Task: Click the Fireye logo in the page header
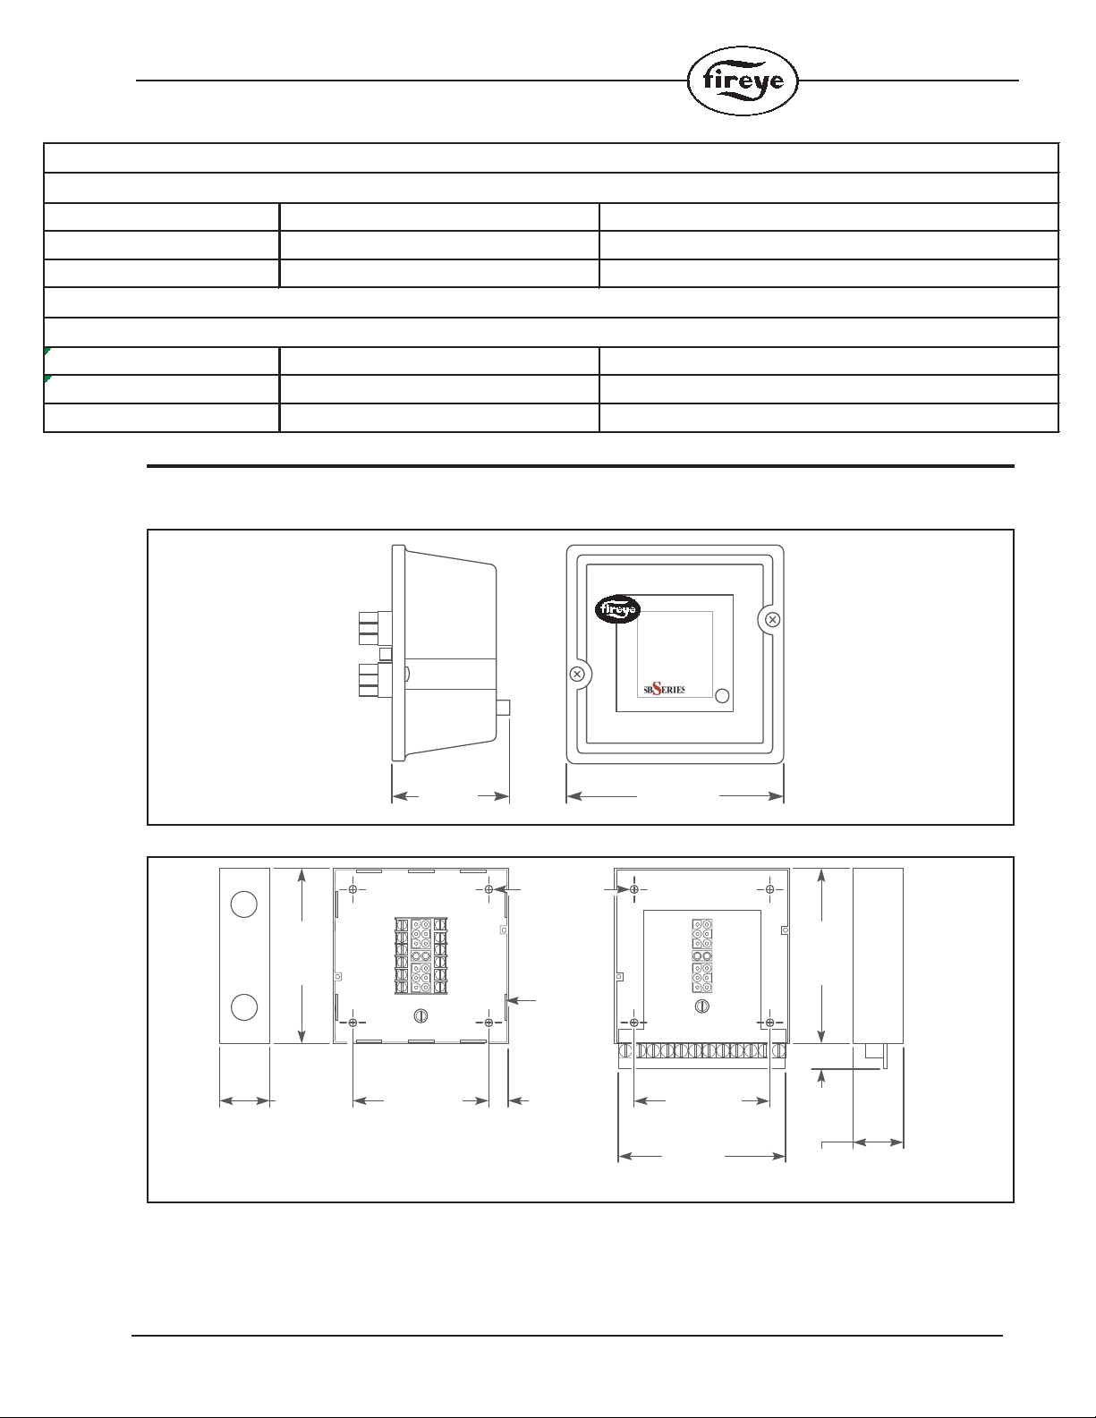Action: (743, 81)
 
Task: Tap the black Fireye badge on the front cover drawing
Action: (617, 609)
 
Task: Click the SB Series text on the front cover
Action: (664, 689)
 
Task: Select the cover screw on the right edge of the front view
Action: (772, 619)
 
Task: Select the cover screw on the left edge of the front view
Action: (577, 674)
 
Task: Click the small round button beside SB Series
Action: (721, 696)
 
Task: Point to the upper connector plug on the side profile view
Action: (375, 627)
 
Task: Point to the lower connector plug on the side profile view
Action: (375, 679)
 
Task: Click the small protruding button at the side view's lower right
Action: (503, 708)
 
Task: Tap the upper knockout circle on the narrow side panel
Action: (244, 904)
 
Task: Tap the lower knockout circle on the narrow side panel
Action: (244, 1006)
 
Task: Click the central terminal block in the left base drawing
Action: (421, 955)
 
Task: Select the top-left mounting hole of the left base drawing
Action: (353, 889)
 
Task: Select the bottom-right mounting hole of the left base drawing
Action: (489, 1023)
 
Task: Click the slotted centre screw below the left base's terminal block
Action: (421, 1015)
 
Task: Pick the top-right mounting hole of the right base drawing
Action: (769, 889)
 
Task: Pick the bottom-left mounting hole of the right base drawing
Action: (633, 1023)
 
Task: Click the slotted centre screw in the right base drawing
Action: (702, 1006)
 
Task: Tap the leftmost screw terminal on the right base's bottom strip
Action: (625, 1051)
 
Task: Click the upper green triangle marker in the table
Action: (47, 351)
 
